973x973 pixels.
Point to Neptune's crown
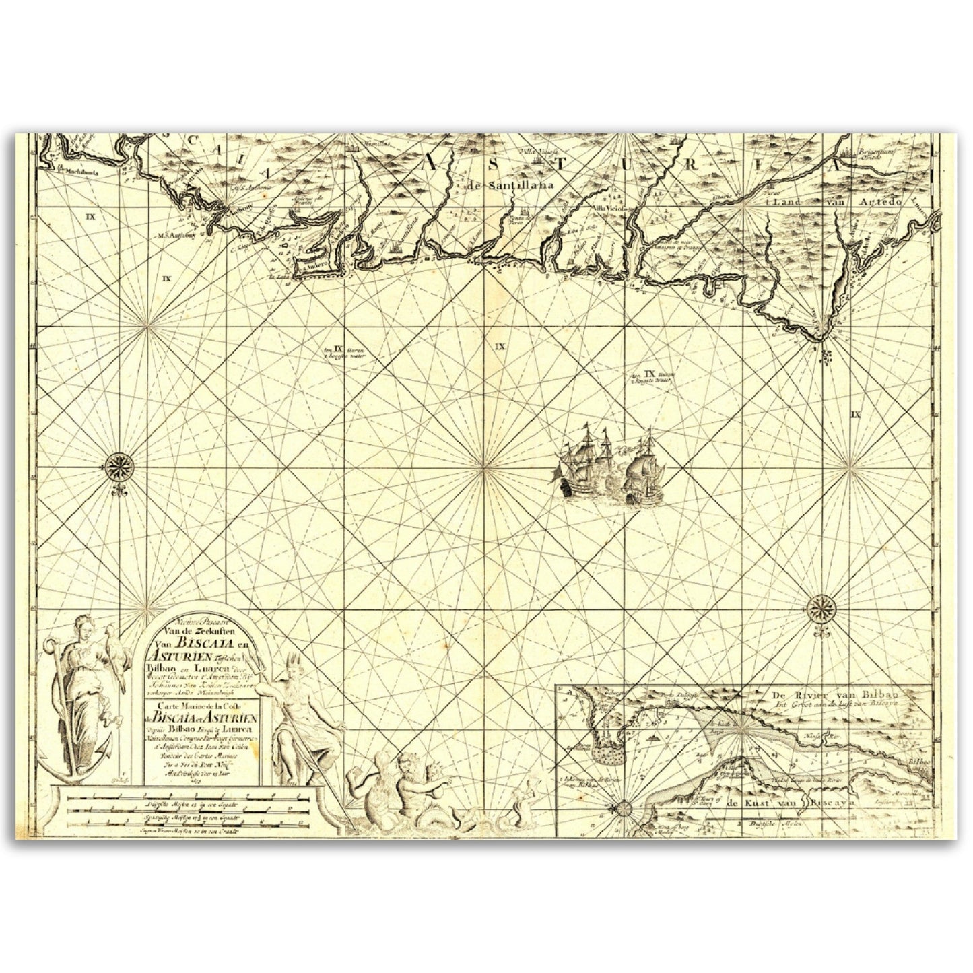click(293, 659)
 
